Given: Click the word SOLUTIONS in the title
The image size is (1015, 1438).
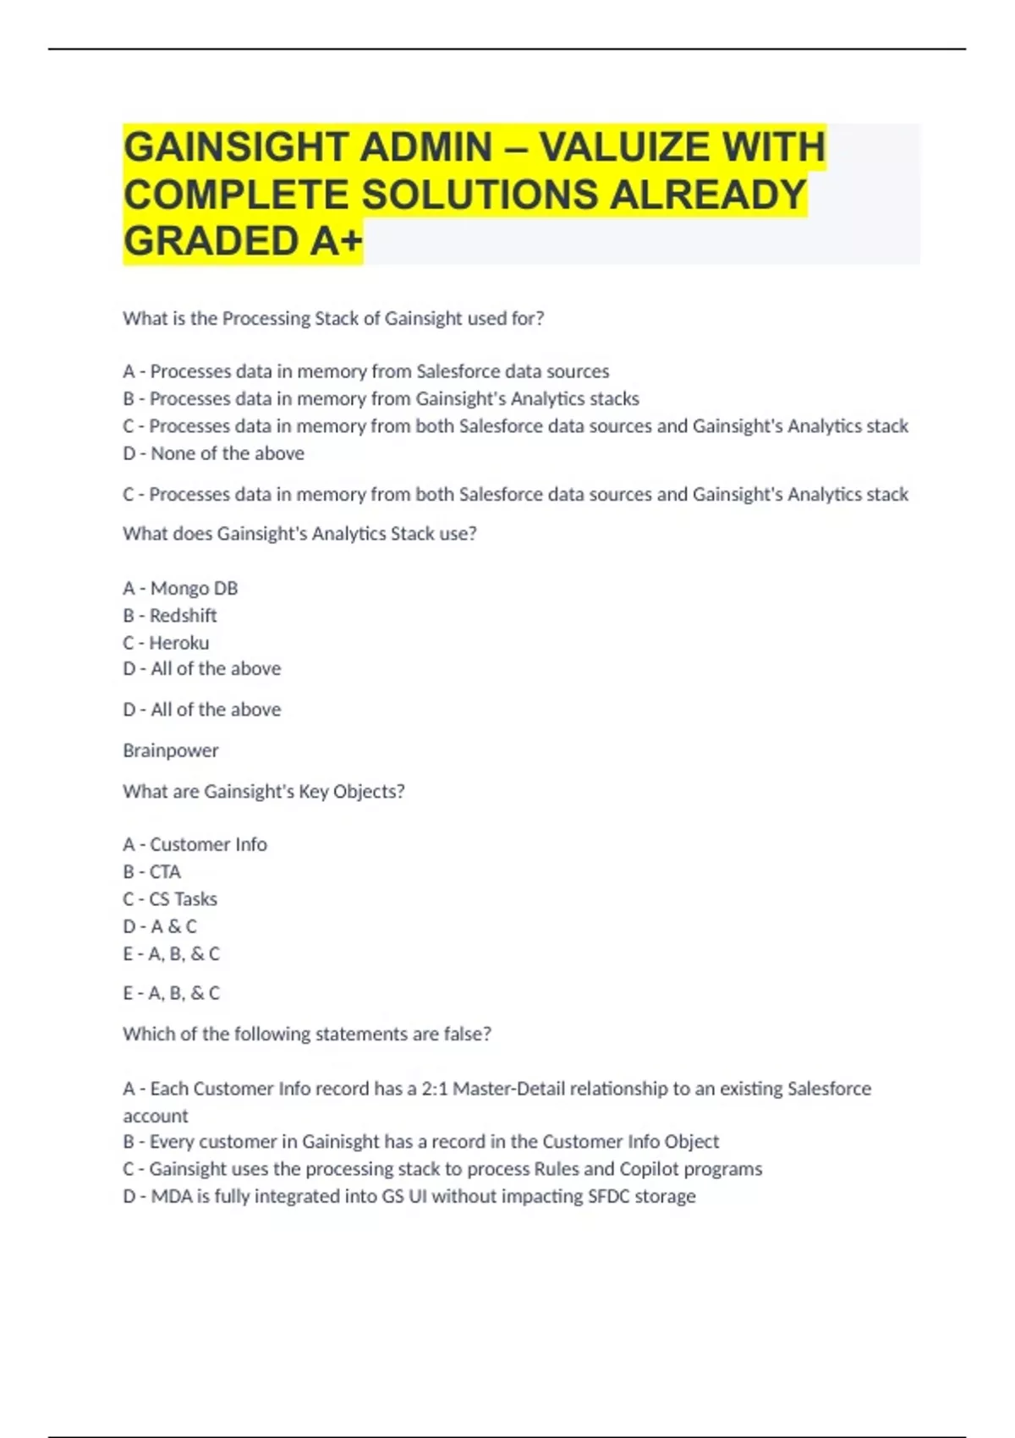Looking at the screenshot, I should point(479,195).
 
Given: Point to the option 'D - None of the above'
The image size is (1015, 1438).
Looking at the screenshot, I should point(213,453).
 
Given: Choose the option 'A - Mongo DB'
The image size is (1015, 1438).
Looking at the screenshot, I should point(180,588).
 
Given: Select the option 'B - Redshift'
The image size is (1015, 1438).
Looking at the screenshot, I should point(170,615).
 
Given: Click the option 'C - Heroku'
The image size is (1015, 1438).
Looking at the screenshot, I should point(166,643).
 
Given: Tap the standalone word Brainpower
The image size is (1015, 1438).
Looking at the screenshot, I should point(171,750).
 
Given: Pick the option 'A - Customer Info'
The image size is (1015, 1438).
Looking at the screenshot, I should point(195,844).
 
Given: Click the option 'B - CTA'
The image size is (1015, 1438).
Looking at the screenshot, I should point(152,871).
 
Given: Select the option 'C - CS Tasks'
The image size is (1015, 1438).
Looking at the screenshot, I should point(170,898).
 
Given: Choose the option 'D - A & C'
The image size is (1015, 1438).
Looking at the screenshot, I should point(160,926).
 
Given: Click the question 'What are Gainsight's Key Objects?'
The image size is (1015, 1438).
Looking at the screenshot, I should point(264,791).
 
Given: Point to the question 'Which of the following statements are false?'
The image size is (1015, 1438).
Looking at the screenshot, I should point(307,1034).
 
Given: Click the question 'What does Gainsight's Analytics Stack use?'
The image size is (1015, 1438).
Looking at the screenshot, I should point(299,534).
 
